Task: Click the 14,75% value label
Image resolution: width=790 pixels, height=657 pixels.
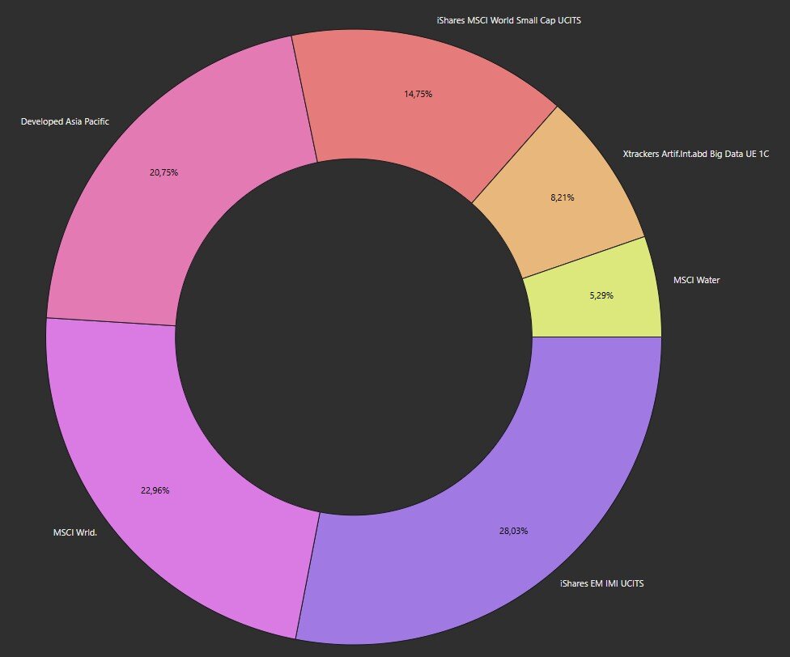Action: coord(418,94)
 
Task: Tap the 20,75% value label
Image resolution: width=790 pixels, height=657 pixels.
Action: coord(164,172)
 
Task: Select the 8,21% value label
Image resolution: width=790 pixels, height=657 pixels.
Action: coord(563,198)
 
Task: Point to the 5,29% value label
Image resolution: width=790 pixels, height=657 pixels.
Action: coord(601,295)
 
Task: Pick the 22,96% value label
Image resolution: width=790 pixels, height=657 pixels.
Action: coord(155,490)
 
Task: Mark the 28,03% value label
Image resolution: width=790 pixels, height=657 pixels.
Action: coord(513,531)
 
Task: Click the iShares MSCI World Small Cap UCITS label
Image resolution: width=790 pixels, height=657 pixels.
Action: coord(509,21)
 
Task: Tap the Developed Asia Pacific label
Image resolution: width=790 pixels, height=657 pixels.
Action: coord(65,121)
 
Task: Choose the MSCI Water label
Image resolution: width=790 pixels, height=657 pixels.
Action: coord(697,280)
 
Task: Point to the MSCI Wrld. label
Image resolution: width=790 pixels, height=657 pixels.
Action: coord(75,532)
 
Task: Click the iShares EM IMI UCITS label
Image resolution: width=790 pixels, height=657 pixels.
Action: coord(602,583)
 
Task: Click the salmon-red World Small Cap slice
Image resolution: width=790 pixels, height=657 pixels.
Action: coord(418,100)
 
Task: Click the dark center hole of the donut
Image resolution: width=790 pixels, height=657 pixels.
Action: coord(354,337)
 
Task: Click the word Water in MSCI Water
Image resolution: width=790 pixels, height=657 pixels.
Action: coord(707,280)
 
